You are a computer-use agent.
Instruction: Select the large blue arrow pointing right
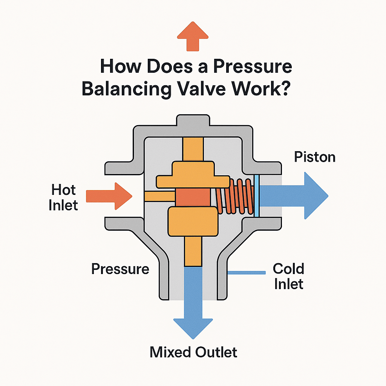(294, 196)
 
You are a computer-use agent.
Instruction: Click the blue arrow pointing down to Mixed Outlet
(193, 302)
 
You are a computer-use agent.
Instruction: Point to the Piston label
(314, 156)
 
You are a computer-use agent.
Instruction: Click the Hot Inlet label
(64, 197)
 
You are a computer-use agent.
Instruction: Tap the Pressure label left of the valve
(120, 269)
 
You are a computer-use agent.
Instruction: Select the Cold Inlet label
(288, 276)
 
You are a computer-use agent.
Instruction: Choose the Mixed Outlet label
(193, 352)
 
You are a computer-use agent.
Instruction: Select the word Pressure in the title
(252, 67)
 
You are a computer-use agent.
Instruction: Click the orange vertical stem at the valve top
(193, 149)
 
